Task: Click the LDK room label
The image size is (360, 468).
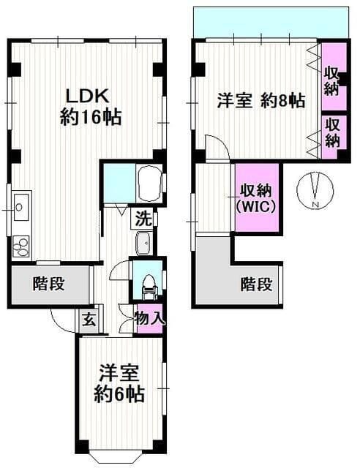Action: click(x=89, y=95)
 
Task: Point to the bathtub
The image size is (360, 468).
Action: click(x=149, y=181)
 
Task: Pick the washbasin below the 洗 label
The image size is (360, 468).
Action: click(x=143, y=242)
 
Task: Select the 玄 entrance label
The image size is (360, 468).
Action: click(x=88, y=319)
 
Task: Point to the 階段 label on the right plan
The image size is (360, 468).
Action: click(x=257, y=284)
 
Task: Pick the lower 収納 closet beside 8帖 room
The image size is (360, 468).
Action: click(x=333, y=132)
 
